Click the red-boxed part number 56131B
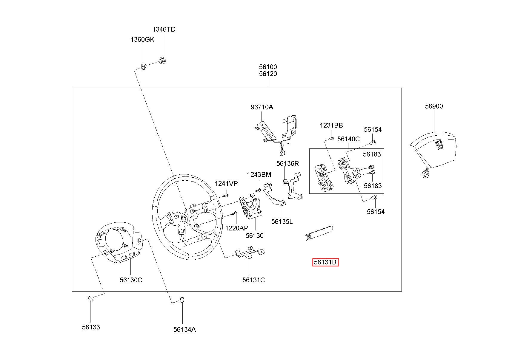(x=325, y=262)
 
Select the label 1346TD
(x=164, y=29)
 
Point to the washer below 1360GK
(x=143, y=66)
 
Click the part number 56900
(x=434, y=106)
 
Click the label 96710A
(x=262, y=107)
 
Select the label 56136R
(x=287, y=163)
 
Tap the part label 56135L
(x=282, y=221)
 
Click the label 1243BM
(x=259, y=174)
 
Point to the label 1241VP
(x=226, y=183)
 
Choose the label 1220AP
(x=236, y=228)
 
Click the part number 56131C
(x=253, y=280)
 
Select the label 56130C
(x=131, y=280)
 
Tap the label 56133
(x=91, y=327)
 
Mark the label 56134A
(x=184, y=329)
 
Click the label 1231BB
(x=331, y=126)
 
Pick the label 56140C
(x=348, y=139)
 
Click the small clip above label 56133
(x=90, y=299)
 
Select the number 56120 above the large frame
(x=268, y=74)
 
